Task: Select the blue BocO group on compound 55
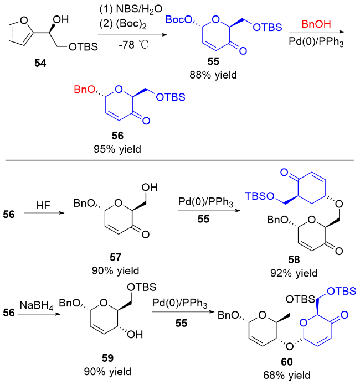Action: point(179,20)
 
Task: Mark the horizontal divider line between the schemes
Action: point(180,160)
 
